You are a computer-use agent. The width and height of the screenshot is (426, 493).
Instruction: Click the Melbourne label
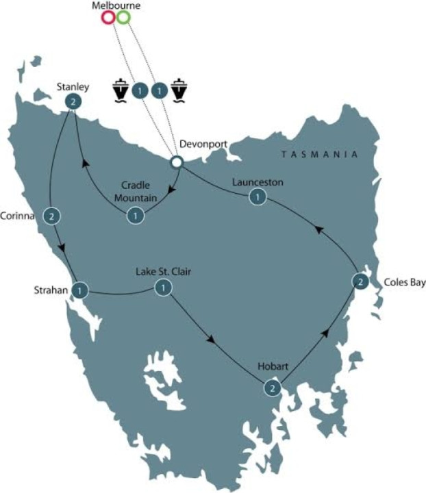point(115,5)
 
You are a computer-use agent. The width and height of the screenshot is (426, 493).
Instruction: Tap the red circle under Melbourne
point(108,17)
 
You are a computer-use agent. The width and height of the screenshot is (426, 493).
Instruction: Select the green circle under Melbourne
point(123,17)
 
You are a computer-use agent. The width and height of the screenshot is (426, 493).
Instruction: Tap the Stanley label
point(73,86)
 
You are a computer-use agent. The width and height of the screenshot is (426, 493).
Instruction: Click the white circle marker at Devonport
point(176,162)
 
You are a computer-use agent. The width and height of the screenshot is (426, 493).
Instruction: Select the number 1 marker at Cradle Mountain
point(136,216)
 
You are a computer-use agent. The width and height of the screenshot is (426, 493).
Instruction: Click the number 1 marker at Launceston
point(257,197)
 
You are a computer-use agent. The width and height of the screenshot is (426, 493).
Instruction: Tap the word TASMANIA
point(320,155)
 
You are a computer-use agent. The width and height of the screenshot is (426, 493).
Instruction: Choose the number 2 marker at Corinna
point(51,216)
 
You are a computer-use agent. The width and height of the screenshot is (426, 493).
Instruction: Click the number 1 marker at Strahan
point(80,290)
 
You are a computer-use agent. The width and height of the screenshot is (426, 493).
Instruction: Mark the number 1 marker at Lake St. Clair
point(162,288)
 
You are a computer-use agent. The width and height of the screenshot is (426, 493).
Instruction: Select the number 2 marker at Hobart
point(273,388)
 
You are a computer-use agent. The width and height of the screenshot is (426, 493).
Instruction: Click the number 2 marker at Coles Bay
point(361,281)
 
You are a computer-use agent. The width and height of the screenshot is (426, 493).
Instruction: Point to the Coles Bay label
point(404,281)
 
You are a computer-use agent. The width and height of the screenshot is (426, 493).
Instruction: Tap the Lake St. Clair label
point(163,272)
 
